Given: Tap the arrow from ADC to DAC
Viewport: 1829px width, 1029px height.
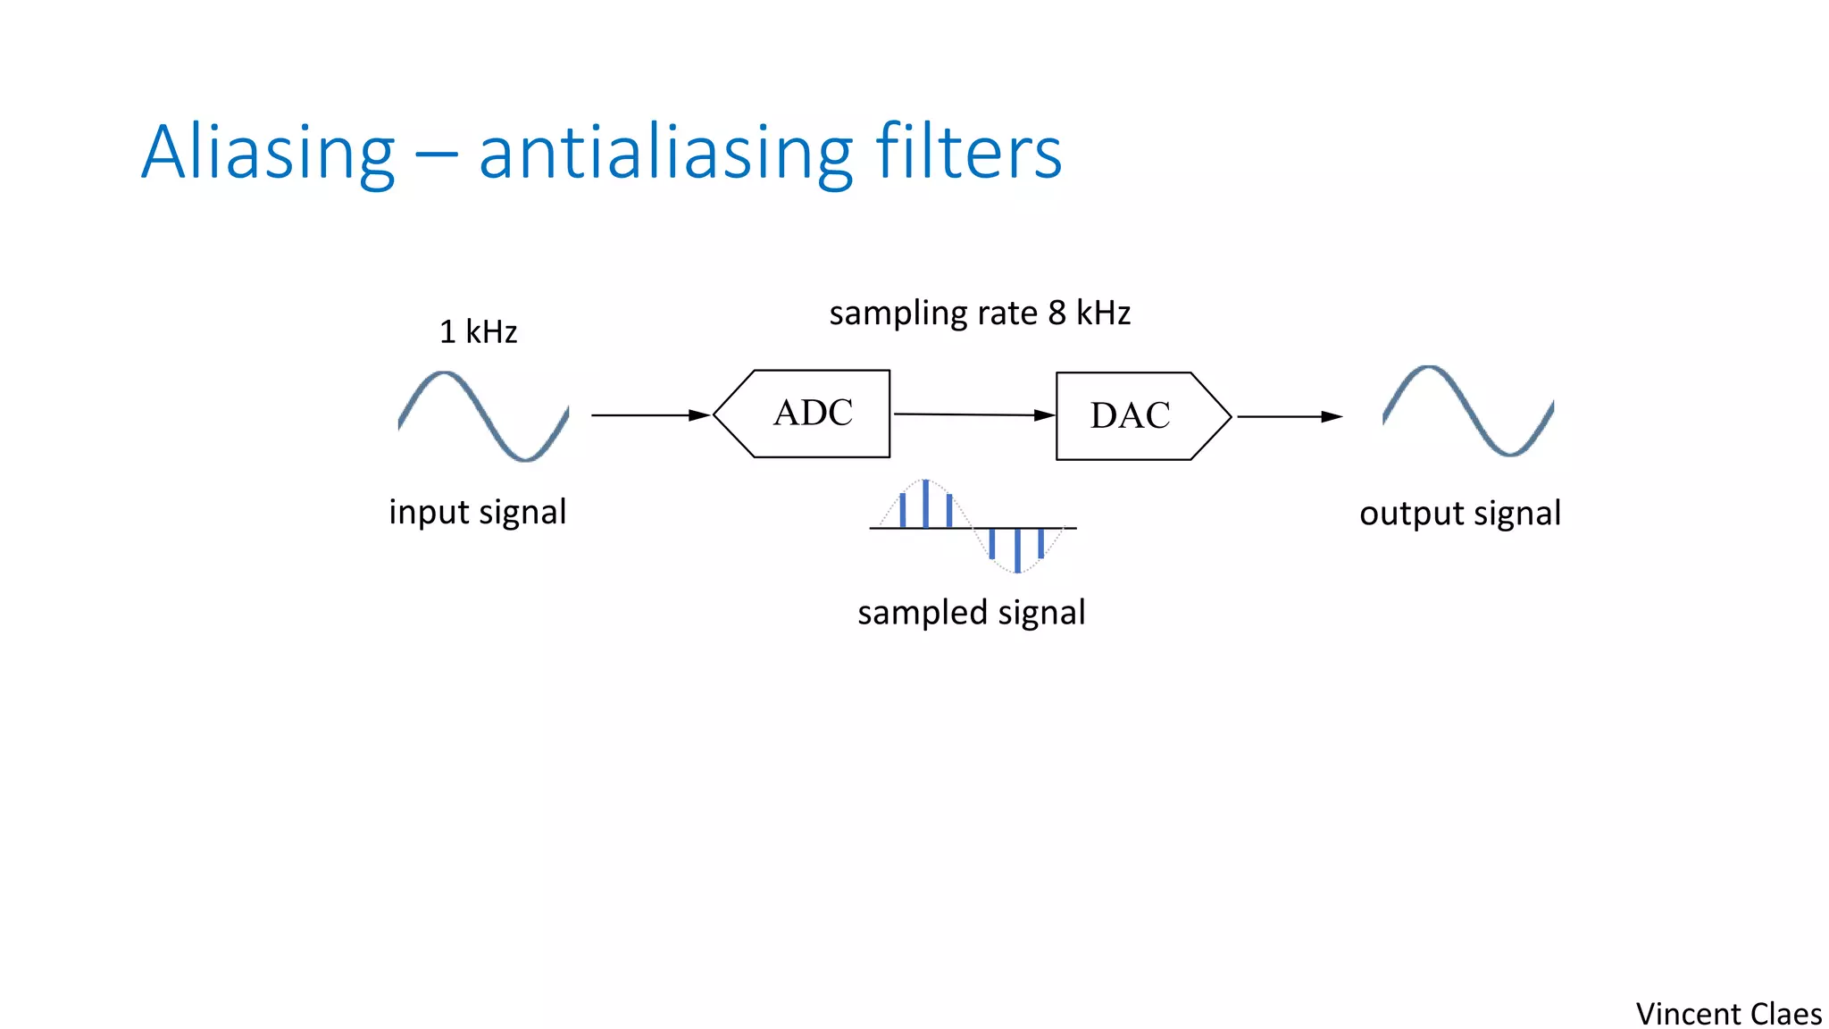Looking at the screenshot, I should (x=973, y=414).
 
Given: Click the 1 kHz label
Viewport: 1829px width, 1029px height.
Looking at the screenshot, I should (x=478, y=332).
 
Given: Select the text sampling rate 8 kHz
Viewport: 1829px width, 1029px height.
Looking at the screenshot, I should (x=980, y=314).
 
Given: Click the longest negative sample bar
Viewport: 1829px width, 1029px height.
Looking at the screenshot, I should (x=1017, y=550).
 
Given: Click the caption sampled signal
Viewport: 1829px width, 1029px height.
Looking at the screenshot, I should (x=971, y=613).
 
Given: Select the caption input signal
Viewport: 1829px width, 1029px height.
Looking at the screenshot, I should (x=477, y=513).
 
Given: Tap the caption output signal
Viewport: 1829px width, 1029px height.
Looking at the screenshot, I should (x=1459, y=514).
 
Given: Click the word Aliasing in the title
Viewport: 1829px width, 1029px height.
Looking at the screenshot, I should (x=268, y=154).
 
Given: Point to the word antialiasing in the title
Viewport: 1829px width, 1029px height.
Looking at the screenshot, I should (x=665, y=154).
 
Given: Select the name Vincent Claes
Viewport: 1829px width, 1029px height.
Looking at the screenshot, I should (x=1728, y=1014).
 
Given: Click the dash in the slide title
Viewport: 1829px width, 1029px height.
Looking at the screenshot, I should (x=436, y=158).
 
